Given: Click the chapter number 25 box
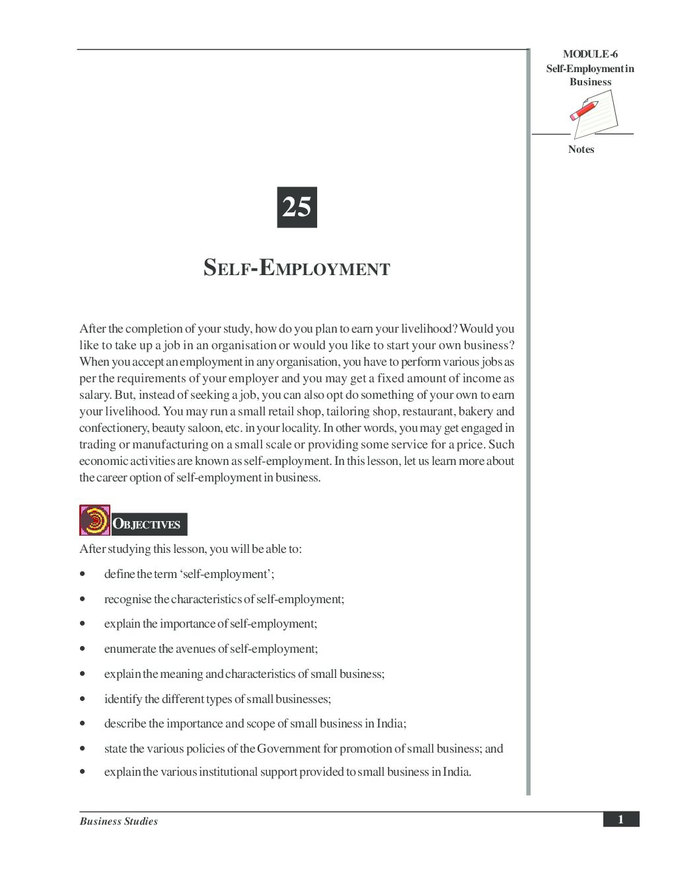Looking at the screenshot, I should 297,207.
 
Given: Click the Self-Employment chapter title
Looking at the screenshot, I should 297,268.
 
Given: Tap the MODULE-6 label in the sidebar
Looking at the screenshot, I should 590,54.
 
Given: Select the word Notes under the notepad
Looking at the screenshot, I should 581,149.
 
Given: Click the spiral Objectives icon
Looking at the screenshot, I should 94,520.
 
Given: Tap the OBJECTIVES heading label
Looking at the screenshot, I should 149,524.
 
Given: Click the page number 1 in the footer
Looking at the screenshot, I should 620,819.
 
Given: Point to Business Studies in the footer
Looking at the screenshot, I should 119,821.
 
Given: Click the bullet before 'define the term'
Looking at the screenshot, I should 83,574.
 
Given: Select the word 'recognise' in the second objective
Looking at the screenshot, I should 128,599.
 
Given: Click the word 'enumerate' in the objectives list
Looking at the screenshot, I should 130,649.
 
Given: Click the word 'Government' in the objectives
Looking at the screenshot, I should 289,749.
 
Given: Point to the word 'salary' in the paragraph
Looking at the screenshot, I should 94,395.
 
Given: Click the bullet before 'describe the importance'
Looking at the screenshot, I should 83,724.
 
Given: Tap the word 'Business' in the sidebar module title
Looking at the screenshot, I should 590,82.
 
